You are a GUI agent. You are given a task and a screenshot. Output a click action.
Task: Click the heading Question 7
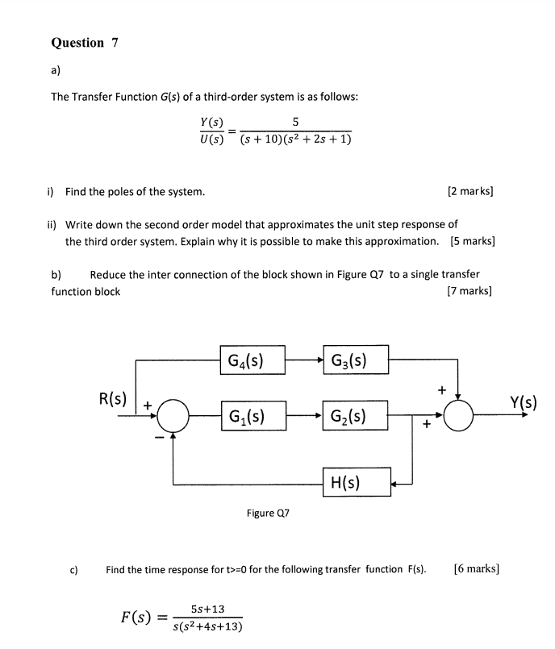click(85, 43)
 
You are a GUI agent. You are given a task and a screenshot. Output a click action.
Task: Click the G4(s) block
click(252, 360)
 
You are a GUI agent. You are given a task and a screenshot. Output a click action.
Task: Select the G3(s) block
click(355, 360)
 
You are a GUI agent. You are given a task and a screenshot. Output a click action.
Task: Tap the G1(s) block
click(252, 416)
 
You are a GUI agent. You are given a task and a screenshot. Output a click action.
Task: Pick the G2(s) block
click(355, 416)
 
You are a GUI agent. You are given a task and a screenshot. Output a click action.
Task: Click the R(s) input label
click(112, 398)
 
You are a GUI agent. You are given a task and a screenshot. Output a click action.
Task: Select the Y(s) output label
click(524, 401)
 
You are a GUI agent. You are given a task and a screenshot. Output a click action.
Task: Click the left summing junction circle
click(173, 417)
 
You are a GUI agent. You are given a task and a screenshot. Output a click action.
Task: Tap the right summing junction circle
click(460, 417)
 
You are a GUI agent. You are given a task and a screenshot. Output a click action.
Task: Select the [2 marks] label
click(470, 192)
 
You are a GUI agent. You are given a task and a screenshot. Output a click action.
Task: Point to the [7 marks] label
click(470, 291)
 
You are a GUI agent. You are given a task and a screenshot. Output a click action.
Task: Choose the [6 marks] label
click(477, 568)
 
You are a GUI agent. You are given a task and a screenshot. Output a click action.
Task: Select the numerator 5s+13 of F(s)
click(207, 609)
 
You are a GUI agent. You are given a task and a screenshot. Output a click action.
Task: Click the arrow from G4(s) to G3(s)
click(303, 360)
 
